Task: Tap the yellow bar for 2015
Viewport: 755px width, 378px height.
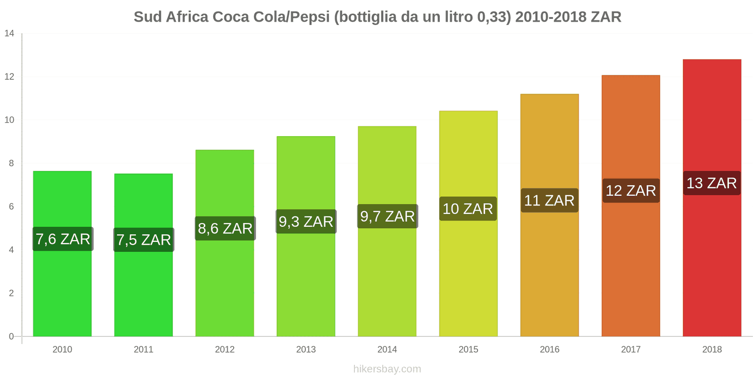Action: (x=468, y=274)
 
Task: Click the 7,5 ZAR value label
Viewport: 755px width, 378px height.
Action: (x=143, y=240)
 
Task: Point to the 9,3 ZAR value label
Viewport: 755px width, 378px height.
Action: (x=306, y=221)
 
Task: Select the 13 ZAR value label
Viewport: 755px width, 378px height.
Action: (x=712, y=183)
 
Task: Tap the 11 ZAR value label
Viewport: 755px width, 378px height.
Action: (x=549, y=200)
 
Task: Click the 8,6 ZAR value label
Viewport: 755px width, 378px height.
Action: (x=225, y=228)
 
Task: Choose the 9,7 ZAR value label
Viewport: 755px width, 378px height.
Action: (x=387, y=216)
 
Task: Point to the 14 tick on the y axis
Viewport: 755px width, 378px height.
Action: (x=9, y=33)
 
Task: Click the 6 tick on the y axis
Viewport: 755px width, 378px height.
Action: (x=11, y=206)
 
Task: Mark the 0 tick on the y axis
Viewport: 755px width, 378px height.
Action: (x=11, y=336)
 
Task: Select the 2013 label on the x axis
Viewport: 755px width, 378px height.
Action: (x=306, y=349)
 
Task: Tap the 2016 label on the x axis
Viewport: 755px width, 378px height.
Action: (x=549, y=349)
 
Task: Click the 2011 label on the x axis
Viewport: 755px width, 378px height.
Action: (x=143, y=349)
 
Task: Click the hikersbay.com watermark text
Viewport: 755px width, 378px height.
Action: (x=387, y=369)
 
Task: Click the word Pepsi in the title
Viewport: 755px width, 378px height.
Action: (x=310, y=17)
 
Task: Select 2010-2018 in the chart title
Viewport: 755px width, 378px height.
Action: (x=550, y=17)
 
